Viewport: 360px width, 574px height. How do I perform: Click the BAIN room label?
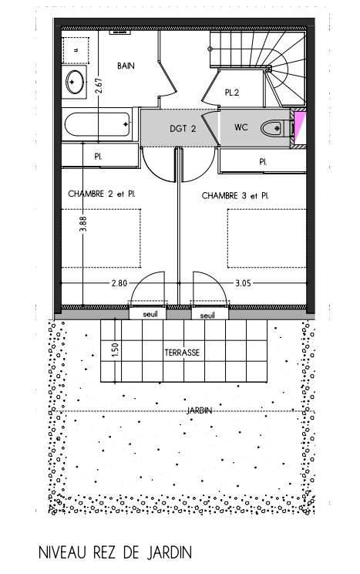coord(126,66)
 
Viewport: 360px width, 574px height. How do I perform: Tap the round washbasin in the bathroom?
coord(75,82)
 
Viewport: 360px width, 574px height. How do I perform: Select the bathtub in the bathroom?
coord(97,124)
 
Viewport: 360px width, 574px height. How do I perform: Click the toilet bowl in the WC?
coord(271,128)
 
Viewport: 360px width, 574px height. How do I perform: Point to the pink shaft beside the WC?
coord(300,128)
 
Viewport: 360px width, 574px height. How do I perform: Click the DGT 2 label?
coord(183,129)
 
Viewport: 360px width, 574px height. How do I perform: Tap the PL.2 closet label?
coord(232,93)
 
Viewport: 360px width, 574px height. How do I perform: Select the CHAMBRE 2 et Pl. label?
coord(102,194)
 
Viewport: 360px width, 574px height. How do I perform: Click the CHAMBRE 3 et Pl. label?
coord(235,196)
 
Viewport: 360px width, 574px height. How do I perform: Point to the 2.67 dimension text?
coord(99,86)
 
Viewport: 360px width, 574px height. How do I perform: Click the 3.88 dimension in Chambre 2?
coord(83,224)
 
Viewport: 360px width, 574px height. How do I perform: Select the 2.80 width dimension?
coord(119,283)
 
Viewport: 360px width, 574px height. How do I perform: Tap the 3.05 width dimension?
coord(244,283)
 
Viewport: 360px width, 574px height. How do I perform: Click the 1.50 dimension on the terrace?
coord(116,350)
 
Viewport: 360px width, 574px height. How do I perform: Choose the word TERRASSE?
coord(182,353)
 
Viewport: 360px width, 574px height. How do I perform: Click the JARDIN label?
coord(200,410)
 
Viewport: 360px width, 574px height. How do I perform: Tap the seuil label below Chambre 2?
coord(150,314)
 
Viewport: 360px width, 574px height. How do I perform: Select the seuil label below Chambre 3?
coord(207,316)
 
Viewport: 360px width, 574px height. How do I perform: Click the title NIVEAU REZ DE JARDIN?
coord(115,552)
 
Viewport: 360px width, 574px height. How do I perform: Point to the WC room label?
coord(241,127)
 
